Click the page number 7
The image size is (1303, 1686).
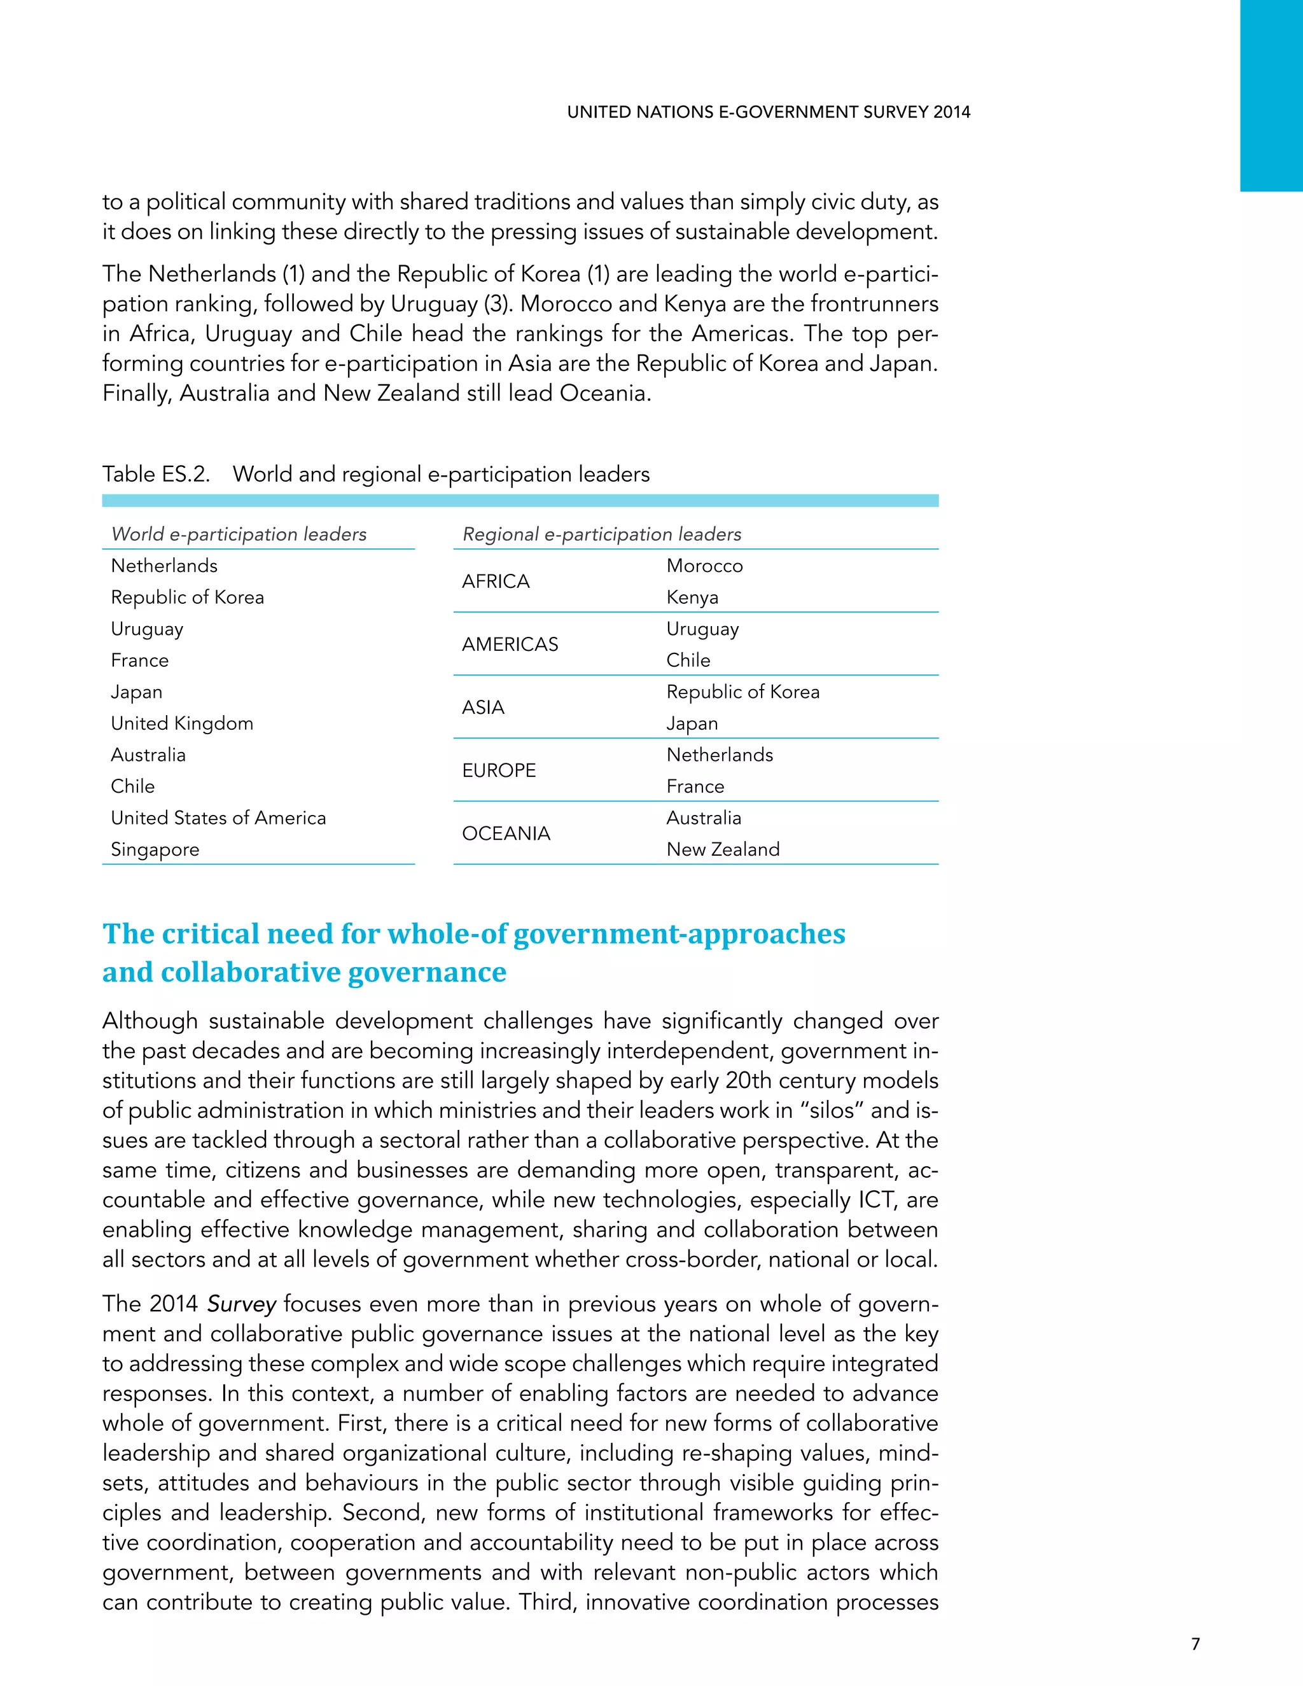[x=1195, y=1643]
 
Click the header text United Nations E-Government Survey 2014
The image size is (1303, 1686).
[x=768, y=113]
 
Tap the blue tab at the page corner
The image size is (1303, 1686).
[x=1271, y=95]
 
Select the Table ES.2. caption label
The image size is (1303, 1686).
[x=156, y=474]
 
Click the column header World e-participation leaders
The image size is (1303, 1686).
[x=239, y=534]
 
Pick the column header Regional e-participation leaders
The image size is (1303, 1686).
[x=601, y=534]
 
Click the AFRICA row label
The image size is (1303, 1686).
[x=496, y=582]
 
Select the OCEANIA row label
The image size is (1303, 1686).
[x=506, y=833]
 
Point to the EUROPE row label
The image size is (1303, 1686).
[x=499, y=770]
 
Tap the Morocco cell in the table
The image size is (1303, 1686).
[x=704, y=566]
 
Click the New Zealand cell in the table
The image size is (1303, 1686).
[x=723, y=849]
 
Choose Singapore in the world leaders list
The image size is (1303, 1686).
[x=155, y=849]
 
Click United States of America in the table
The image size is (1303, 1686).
[x=218, y=818]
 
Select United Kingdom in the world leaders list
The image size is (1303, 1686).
[x=182, y=723]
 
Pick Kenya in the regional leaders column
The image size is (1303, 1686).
[x=692, y=597]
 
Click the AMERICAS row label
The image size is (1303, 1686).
[x=510, y=644]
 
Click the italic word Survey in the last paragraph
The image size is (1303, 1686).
[x=241, y=1304]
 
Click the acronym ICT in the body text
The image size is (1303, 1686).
[x=875, y=1200]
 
